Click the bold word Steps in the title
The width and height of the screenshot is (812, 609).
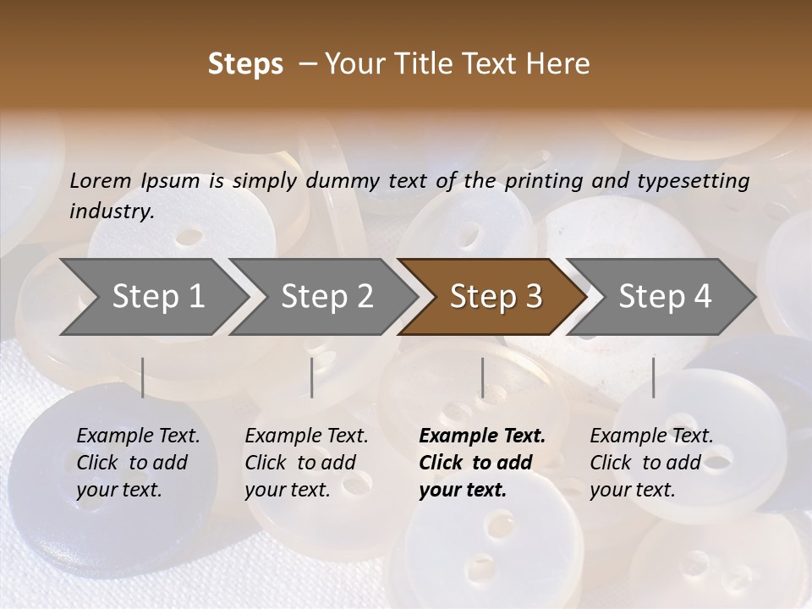tap(245, 64)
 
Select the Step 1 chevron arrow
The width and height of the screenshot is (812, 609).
tap(156, 297)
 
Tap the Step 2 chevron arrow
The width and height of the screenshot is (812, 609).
tap(326, 297)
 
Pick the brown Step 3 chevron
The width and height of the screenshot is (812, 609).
tap(495, 297)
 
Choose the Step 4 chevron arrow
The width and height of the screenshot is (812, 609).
tap(664, 297)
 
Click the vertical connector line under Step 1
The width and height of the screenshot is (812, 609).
tap(143, 377)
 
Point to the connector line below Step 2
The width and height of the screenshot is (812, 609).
tap(312, 377)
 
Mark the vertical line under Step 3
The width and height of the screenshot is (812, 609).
tap(482, 377)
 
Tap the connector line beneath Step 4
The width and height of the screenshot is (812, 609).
tap(653, 377)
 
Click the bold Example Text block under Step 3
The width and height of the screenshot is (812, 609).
tap(481, 463)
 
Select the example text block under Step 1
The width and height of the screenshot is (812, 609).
tap(138, 463)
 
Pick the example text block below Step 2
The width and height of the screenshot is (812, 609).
tap(306, 463)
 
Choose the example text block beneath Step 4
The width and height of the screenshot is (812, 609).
tap(650, 463)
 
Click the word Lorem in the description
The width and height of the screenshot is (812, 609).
tap(101, 181)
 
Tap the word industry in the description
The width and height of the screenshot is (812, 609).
tap(112, 211)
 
